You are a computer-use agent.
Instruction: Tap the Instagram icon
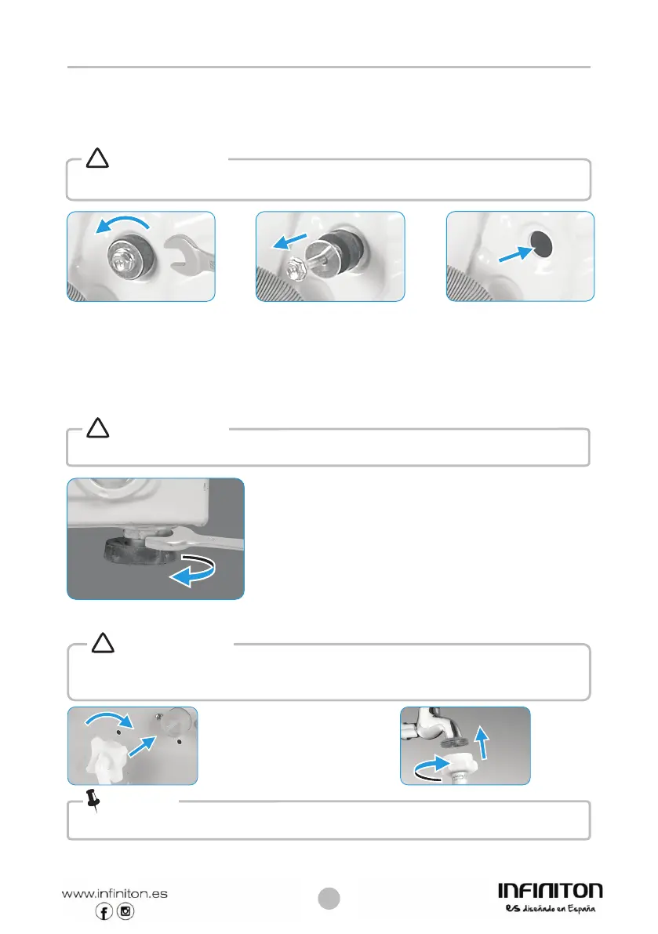click(x=125, y=911)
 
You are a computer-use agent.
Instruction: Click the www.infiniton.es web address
click(x=115, y=892)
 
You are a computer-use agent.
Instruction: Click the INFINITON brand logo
click(x=550, y=891)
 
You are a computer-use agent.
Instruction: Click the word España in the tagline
click(x=580, y=910)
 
